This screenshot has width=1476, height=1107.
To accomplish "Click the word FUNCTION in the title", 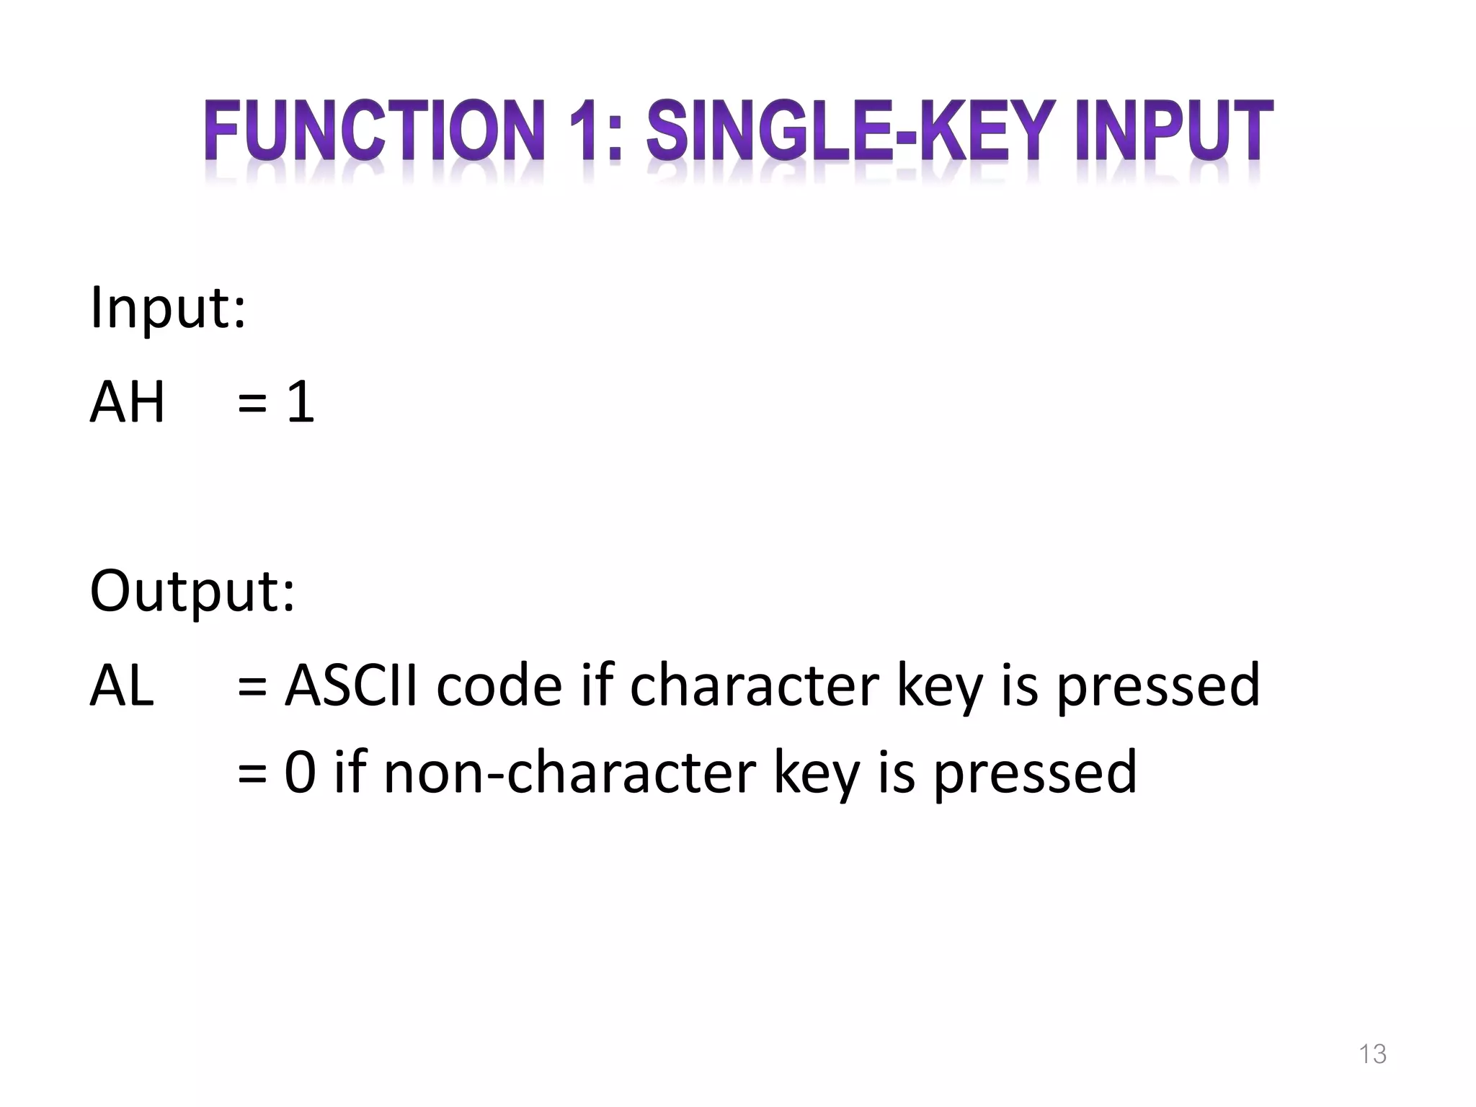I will click(x=373, y=131).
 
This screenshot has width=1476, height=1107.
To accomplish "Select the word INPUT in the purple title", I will click(x=1174, y=131).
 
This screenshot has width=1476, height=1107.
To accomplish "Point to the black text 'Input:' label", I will click(x=168, y=308).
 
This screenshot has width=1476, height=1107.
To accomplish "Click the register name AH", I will click(x=127, y=401).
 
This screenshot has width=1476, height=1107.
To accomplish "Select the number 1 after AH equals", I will click(x=301, y=401).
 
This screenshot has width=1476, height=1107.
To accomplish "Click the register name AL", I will click(x=122, y=685).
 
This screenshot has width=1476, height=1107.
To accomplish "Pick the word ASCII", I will click(x=351, y=685).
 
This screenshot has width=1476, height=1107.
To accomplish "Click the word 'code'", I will click(x=499, y=685).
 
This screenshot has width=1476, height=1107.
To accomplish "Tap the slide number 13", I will click(x=1372, y=1054).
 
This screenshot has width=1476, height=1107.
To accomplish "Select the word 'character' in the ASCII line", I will click(x=754, y=685).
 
